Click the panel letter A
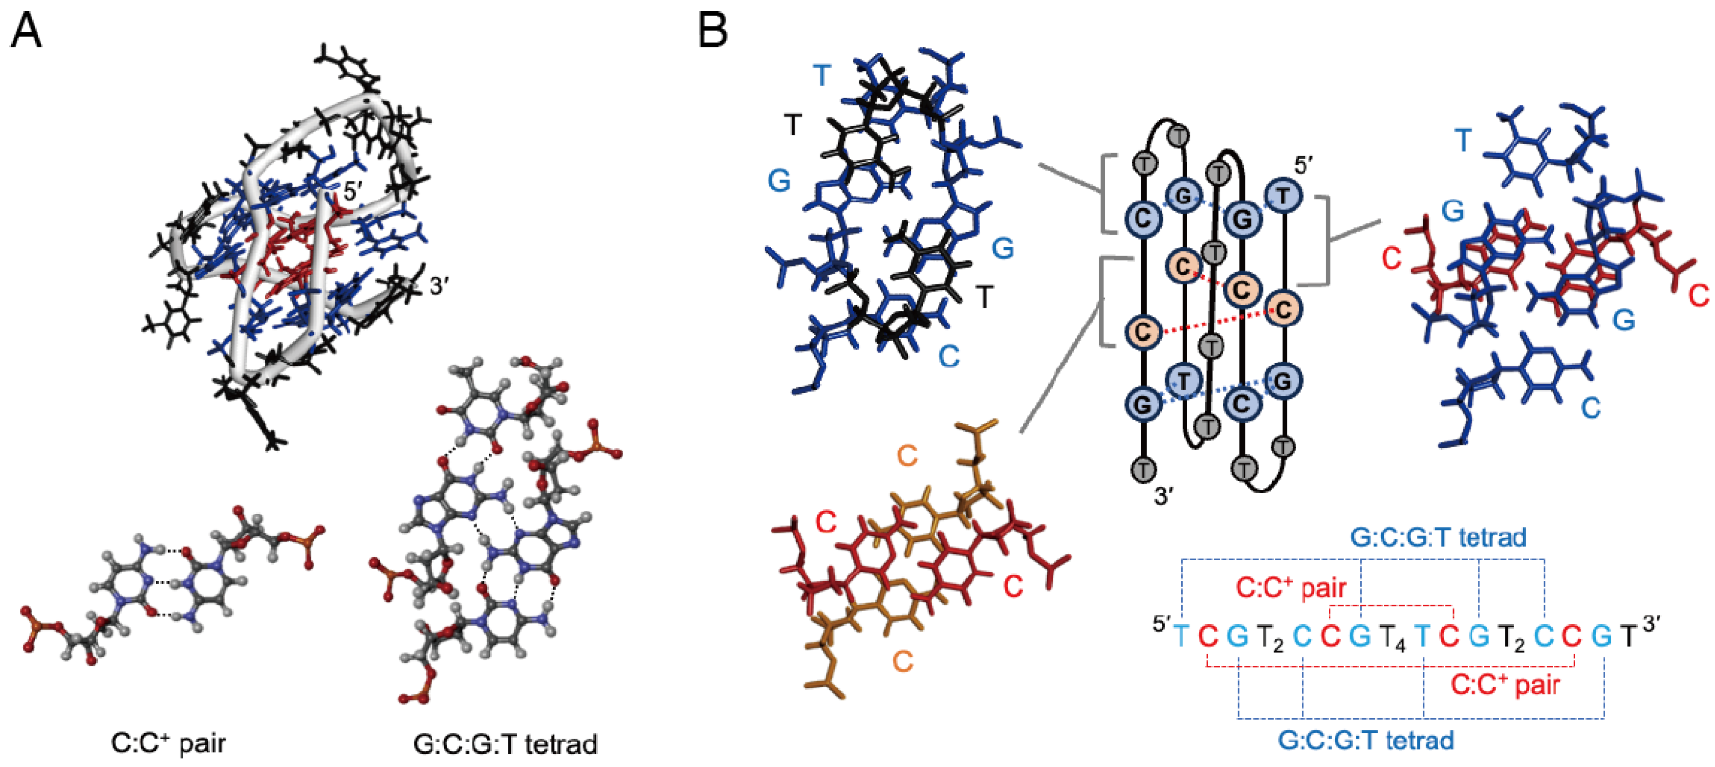pyautogui.click(x=26, y=31)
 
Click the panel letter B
pyautogui.click(x=713, y=31)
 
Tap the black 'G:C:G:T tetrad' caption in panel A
pyautogui.click(x=505, y=744)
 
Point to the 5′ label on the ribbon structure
pyautogui.click(x=352, y=192)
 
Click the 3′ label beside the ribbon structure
pyautogui.click(x=440, y=286)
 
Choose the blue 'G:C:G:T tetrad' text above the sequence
pyautogui.click(x=1438, y=537)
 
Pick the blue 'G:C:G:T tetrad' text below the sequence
pyautogui.click(x=1366, y=740)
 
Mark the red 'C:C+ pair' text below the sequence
pyautogui.click(x=1505, y=684)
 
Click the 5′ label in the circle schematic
pyautogui.click(x=1303, y=166)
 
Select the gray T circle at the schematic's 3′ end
pyautogui.click(x=1143, y=469)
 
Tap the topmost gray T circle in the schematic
pyautogui.click(x=1179, y=136)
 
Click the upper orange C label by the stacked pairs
pyautogui.click(x=907, y=456)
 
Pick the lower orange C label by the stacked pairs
pyautogui.click(x=902, y=661)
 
